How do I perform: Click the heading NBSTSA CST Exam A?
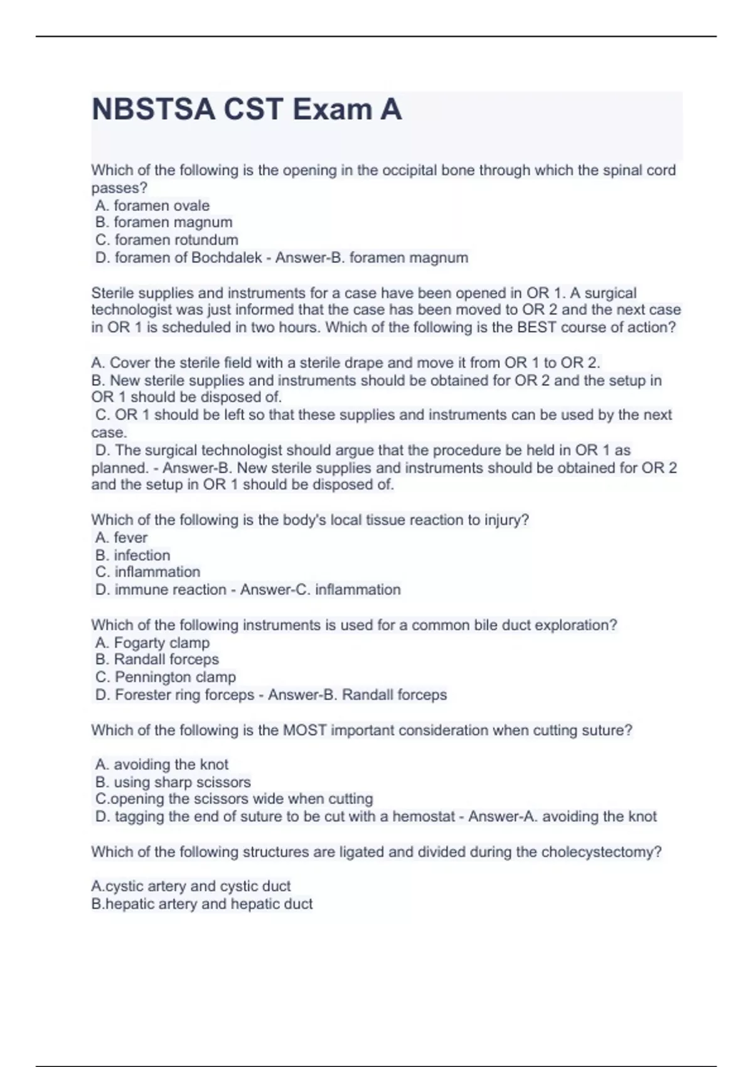[x=247, y=110]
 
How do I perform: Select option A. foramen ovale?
[x=152, y=205]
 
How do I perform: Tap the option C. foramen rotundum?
[x=166, y=240]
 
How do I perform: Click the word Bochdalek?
[x=227, y=257]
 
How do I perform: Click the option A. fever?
[x=121, y=537]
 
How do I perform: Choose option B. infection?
[x=132, y=555]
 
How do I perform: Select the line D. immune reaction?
[x=161, y=589]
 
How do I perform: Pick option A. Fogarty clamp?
[x=152, y=642]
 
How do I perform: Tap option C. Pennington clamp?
[x=166, y=677]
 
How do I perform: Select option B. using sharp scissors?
[x=173, y=782]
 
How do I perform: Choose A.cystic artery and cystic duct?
[x=191, y=886]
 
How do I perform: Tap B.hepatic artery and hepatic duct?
[x=201, y=904]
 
